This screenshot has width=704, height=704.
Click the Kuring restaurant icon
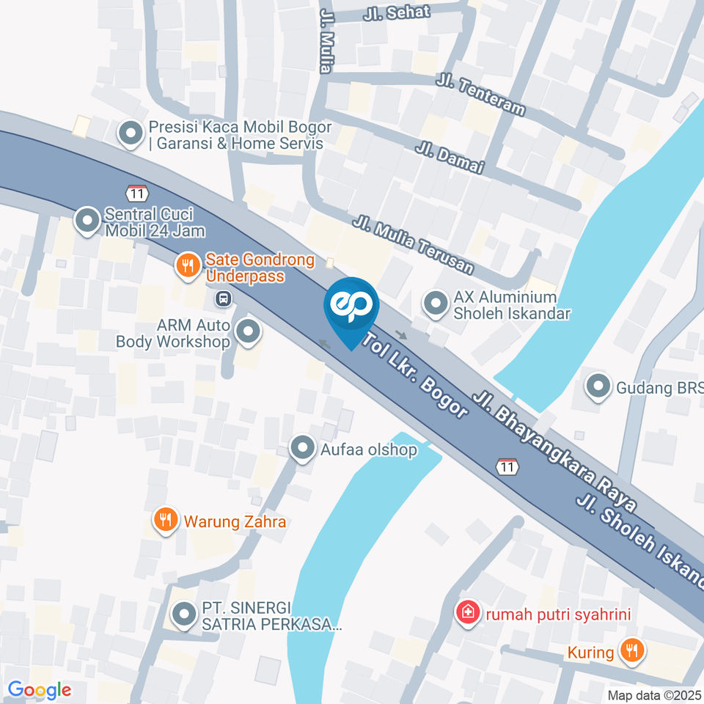tap(630, 650)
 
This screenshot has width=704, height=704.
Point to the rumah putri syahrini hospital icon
tap(466, 612)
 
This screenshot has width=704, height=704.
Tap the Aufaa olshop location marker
tap(302, 448)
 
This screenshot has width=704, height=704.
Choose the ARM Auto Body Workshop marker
tap(249, 332)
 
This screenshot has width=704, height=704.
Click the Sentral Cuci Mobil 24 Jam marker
tap(87, 221)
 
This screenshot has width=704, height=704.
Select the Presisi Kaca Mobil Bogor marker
tap(131, 134)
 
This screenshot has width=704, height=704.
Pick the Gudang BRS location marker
tap(599, 386)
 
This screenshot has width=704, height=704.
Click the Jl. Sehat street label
tap(397, 12)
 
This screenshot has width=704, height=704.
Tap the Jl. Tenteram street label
tap(480, 93)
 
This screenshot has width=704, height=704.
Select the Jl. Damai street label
tap(450, 157)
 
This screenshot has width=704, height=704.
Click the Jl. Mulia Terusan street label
tap(412, 245)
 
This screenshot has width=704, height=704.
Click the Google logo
tap(39, 690)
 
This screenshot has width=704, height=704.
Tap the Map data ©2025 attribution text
tap(654, 695)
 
